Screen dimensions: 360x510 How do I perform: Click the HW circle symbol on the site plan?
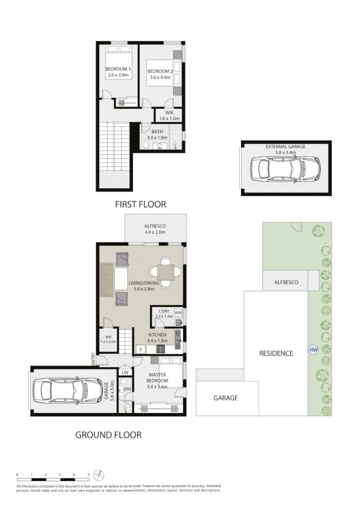(x=313, y=350)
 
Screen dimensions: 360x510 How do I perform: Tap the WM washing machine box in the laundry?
(x=178, y=313)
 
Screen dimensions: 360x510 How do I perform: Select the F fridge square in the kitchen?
(x=141, y=350)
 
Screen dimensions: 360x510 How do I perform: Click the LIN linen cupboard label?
(x=125, y=372)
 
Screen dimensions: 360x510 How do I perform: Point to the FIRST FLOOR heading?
(x=140, y=204)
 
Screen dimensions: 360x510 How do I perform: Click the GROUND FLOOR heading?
(x=108, y=435)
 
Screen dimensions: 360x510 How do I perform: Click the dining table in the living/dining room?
(x=166, y=272)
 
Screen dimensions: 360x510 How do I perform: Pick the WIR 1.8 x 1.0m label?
(x=170, y=116)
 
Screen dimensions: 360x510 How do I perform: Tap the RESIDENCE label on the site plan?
(x=276, y=353)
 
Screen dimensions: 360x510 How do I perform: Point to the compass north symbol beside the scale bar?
(x=99, y=476)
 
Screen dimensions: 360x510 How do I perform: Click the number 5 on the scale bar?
(x=89, y=475)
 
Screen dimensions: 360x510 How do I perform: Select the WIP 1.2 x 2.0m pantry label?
(x=108, y=339)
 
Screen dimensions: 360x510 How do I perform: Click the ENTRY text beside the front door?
(x=93, y=358)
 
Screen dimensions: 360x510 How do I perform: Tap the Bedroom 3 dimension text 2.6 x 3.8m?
(x=118, y=75)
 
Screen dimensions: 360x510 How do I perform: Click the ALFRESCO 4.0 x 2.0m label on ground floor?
(x=155, y=229)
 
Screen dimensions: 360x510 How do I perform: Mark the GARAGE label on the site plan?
(x=225, y=398)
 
